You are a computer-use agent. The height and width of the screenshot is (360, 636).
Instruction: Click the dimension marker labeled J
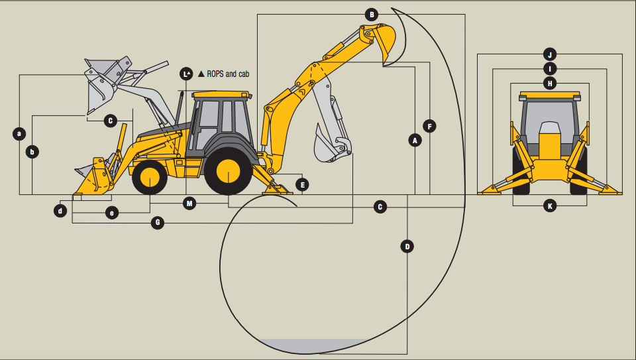(549, 54)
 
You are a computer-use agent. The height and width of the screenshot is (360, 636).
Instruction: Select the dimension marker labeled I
(549, 68)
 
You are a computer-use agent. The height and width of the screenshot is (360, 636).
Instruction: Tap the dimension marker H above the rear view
(549, 83)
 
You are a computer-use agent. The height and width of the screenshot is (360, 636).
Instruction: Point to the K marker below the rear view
(549, 206)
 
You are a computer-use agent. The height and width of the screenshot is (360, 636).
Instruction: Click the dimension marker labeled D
(407, 247)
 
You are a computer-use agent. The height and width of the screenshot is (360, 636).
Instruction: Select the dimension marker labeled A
(415, 140)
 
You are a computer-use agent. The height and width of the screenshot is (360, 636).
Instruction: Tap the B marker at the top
(372, 14)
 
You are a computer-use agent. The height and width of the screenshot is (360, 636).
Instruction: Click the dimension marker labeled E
(302, 184)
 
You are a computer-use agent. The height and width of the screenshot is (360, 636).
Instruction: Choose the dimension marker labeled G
(157, 223)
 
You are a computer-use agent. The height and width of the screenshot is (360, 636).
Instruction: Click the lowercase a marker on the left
(19, 133)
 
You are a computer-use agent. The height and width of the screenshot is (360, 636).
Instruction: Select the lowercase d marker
(60, 211)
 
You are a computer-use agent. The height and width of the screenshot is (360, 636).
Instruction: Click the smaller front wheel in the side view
(149, 177)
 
